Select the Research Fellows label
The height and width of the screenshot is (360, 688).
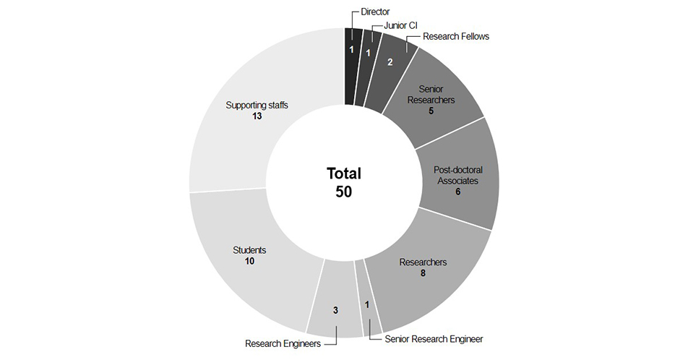pos(455,36)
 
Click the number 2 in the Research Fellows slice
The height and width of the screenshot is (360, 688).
pos(390,62)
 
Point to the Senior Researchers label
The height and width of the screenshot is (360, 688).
pos(431,94)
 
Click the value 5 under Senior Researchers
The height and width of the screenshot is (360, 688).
pos(431,112)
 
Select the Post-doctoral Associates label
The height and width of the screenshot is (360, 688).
pos(457,175)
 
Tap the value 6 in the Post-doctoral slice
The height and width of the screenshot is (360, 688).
pos(457,192)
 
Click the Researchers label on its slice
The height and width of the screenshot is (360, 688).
pos(423,262)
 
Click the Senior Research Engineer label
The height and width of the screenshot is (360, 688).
pos(434,338)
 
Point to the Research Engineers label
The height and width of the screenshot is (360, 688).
pos(283,343)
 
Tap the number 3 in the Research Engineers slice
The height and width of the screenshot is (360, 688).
pos(335,311)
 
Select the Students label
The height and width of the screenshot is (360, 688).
pos(249,250)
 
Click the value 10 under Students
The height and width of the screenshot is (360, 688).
pos(249,261)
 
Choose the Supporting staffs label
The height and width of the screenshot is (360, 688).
pos(257,105)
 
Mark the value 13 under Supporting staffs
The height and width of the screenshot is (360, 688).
pos(257,116)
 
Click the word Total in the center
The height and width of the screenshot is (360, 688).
pos(344,173)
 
